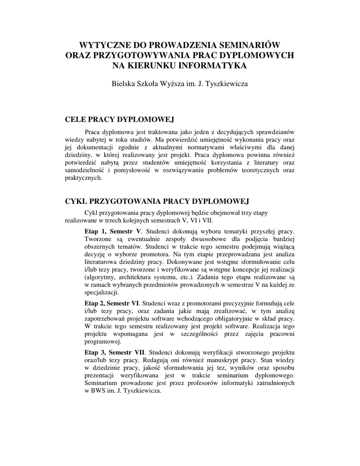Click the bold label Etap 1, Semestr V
point(113,231)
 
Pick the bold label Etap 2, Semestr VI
point(112,303)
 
